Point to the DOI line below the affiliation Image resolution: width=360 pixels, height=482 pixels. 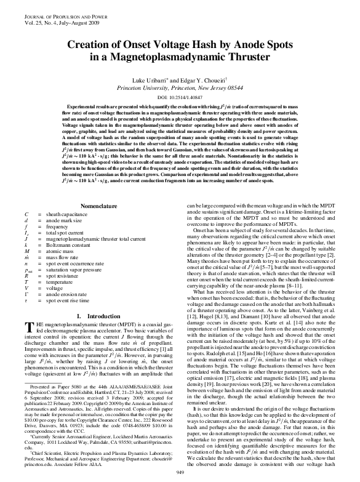pos(179,97)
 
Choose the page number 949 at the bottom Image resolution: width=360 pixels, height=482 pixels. pos(180,471)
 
